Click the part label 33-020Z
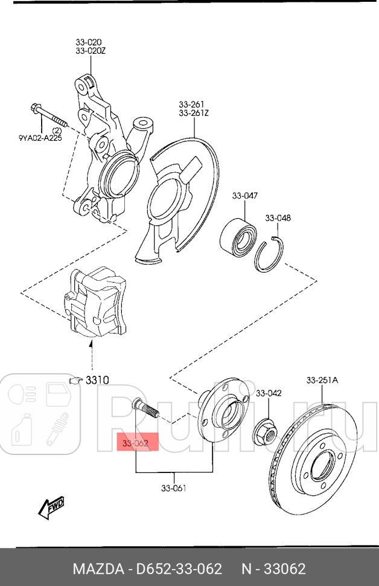click(x=91, y=51)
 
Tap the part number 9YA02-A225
click(x=40, y=138)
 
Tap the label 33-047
click(x=244, y=196)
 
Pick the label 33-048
click(x=277, y=217)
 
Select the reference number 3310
click(x=97, y=380)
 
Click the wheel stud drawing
click(x=145, y=410)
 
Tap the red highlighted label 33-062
click(x=136, y=444)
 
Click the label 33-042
click(x=269, y=393)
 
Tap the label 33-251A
click(x=322, y=380)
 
